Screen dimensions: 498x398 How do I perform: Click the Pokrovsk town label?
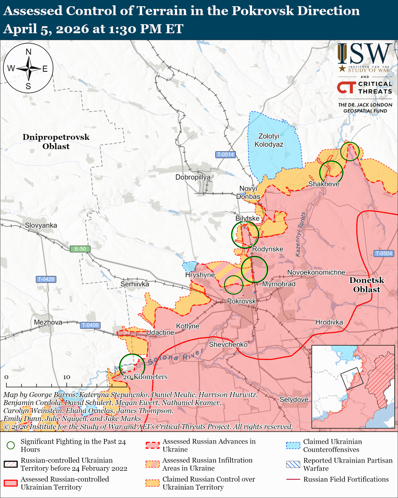241,300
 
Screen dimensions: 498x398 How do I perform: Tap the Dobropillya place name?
193,177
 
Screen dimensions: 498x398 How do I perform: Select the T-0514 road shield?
226,155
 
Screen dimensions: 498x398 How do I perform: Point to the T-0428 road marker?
46,280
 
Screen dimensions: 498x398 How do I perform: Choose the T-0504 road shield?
383,254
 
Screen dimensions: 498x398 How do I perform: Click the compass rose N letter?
29,52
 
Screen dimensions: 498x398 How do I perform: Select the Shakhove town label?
324,184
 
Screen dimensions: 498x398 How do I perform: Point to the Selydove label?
294,399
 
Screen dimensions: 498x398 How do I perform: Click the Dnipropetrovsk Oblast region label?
56,142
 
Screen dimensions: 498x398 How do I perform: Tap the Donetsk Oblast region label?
366,285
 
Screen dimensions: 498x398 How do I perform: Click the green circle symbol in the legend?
11,445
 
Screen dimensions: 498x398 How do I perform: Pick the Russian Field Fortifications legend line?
294,479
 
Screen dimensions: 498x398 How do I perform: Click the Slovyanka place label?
41,225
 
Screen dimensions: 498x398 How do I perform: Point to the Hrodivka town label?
329,322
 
